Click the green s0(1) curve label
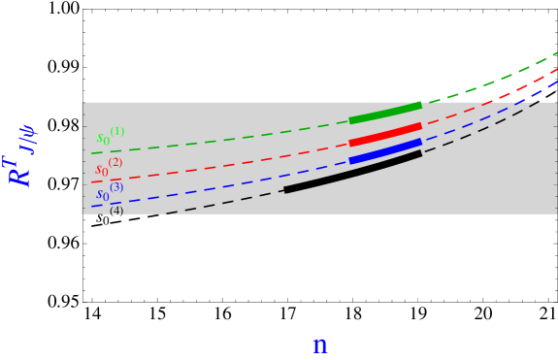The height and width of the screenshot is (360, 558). point(109,136)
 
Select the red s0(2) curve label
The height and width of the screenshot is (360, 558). point(107,167)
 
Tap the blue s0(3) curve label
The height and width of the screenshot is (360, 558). point(108,191)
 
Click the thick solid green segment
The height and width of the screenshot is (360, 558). point(385,113)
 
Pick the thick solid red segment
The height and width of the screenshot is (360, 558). point(385,134)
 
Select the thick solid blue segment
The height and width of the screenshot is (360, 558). point(385,151)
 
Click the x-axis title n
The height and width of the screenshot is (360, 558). point(319,345)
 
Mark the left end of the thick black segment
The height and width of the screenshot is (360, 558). point(286,190)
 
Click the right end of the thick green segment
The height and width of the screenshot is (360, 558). point(419,105)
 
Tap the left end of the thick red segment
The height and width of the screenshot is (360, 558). point(351,143)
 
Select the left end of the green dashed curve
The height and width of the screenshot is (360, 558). point(93,152)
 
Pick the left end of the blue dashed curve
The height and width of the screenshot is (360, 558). point(93,206)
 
